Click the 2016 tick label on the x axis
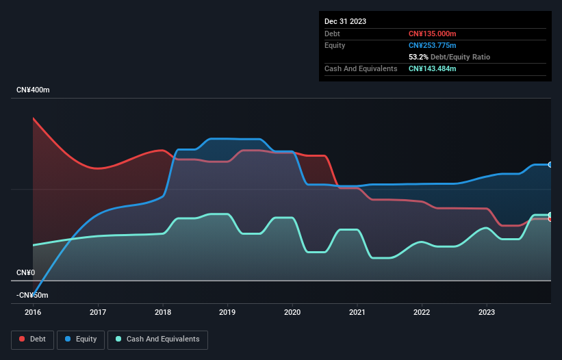pos(33,311)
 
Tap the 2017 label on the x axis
pos(98,311)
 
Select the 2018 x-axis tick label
pos(163,311)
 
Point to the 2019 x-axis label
pos(227,311)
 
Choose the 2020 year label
pos(292,311)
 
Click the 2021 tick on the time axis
pos(357,311)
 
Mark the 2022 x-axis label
pos(422,311)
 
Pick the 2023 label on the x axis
pos(486,311)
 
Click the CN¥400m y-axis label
pos(33,90)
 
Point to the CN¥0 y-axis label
pos(25,272)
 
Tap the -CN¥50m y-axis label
pos(32,295)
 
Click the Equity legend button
pos(81,339)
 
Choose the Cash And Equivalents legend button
pos(157,339)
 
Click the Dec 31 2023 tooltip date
pos(345,21)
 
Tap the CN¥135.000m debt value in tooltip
pos(432,34)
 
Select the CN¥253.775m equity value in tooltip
pos(432,45)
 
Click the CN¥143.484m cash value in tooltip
pos(432,68)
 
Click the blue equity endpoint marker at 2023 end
pos(550,165)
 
